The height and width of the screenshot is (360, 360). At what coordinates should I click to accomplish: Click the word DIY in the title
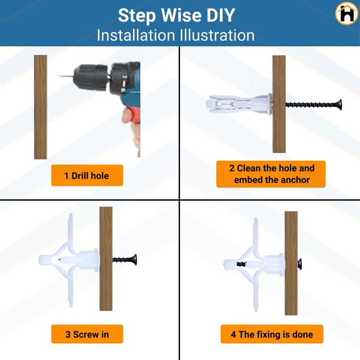click(x=220, y=15)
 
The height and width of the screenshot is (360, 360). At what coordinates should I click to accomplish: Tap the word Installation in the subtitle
click(x=136, y=36)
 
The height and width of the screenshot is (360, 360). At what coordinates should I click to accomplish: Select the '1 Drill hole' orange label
click(x=87, y=175)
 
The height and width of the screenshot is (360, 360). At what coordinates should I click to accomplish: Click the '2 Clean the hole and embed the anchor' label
click(x=271, y=174)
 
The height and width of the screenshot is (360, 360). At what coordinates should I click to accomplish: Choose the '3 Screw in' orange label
click(x=87, y=334)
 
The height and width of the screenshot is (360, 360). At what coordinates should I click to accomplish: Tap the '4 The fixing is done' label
click(x=272, y=334)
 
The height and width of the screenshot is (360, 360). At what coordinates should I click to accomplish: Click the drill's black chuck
click(x=91, y=76)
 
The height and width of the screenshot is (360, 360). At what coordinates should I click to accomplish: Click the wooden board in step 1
click(x=40, y=107)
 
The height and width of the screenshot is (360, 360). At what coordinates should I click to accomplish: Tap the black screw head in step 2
click(x=338, y=105)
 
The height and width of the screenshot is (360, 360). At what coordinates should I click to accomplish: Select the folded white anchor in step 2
click(x=239, y=104)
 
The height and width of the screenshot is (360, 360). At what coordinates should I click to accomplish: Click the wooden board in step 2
click(x=279, y=104)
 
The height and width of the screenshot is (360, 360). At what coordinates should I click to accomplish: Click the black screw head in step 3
click(x=134, y=260)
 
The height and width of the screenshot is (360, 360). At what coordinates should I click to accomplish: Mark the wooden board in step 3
click(x=106, y=259)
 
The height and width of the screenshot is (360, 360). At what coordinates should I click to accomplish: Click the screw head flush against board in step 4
click(x=299, y=264)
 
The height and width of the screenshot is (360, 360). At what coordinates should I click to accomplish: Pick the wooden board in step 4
click(x=291, y=263)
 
